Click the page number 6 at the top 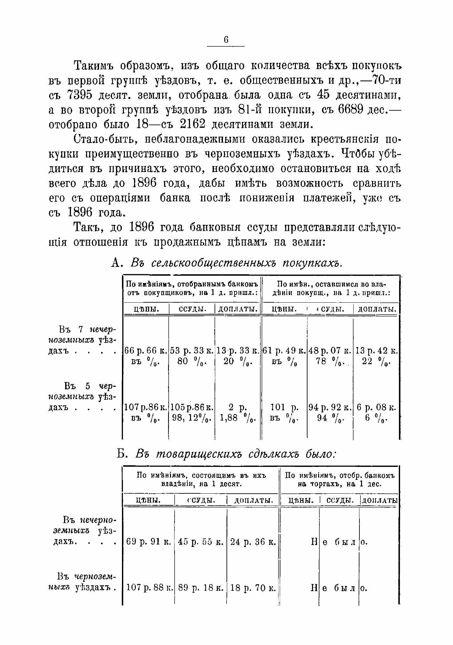pyautogui.click(x=226, y=39)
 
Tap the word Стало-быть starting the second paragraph pyautogui.click(x=103, y=139)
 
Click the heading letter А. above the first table pyautogui.click(x=116, y=263)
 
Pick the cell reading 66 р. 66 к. pyautogui.click(x=146, y=350)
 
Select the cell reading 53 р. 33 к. pyautogui.click(x=192, y=350)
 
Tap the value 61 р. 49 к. pyautogui.click(x=284, y=350)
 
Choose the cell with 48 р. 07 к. pyautogui.click(x=330, y=350)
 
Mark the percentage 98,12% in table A pyautogui.click(x=191, y=418)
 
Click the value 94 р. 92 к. pyautogui.click(x=330, y=408)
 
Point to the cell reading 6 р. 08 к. pyautogui.click(x=376, y=408)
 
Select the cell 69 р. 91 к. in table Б pyautogui.click(x=148, y=542)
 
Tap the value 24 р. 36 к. pyautogui.click(x=253, y=542)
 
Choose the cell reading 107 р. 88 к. pyautogui.click(x=148, y=588)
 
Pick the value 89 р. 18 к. pyautogui.click(x=201, y=588)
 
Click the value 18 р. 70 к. pyautogui.click(x=253, y=588)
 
